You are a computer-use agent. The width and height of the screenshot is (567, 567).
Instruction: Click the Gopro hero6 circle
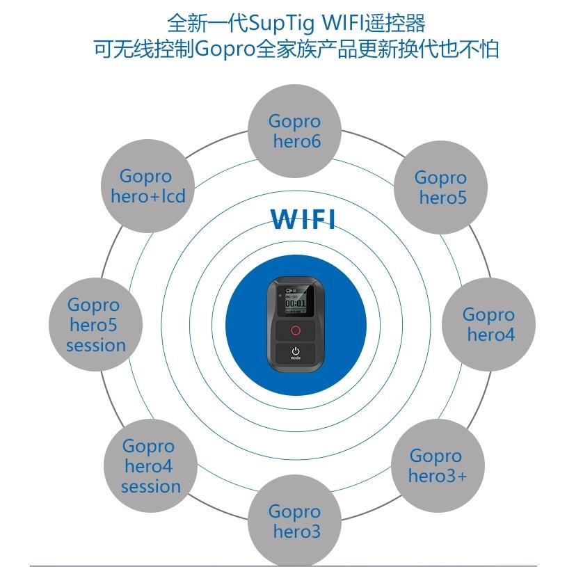tap(295, 131)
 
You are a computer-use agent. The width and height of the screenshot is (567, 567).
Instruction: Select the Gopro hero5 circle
tap(440, 187)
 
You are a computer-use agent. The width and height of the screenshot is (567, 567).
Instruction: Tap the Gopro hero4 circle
tap(488, 324)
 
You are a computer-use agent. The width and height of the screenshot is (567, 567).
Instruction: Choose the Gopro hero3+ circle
tap(437, 465)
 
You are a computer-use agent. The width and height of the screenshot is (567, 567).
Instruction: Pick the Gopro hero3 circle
tap(295, 522)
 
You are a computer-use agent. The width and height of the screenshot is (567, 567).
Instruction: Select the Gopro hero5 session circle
tap(95, 324)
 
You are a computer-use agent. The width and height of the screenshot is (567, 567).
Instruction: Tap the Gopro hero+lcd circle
tap(147, 186)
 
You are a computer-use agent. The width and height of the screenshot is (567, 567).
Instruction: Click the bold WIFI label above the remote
tap(303, 218)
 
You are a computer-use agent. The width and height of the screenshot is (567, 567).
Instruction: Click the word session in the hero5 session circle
tap(96, 345)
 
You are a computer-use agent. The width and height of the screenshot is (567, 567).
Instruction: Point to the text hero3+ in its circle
tap(437, 477)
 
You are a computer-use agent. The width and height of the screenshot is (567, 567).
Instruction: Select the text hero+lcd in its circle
tap(148, 197)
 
